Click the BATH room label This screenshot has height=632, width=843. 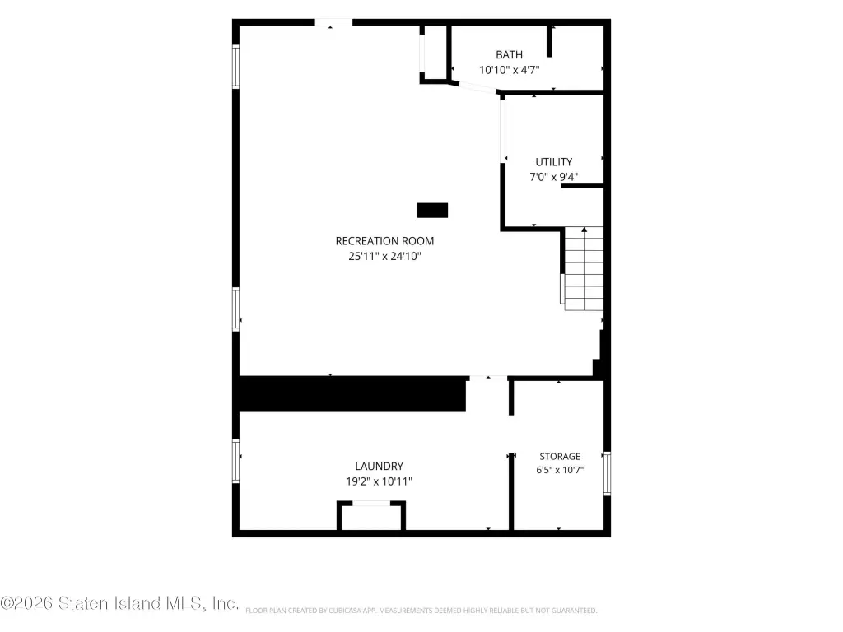click(x=509, y=55)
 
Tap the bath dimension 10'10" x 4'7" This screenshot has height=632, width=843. click(x=509, y=70)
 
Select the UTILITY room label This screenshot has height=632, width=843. click(x=554, y=162)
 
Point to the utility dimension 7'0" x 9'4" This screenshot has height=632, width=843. click(x=554, y=177)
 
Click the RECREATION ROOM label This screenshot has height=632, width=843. click(x=384, y=241)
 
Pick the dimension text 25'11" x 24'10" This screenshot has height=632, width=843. click(x=384, y=257)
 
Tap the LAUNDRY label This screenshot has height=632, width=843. click(x=379, y=466)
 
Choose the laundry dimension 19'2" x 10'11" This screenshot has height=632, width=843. click(x=379, y=481)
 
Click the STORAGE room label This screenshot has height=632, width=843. click(x=560, y=456)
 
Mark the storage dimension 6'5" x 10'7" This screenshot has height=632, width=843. click(x=560, y=470)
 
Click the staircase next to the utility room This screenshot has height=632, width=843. click(x=583, y=269)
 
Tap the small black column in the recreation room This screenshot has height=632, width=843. click(x=432, y=210)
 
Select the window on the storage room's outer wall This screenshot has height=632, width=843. click(x=607, y=473)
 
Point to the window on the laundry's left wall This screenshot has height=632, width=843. click(x=235, y=461)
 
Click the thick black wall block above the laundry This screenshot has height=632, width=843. click(x=352, y=394)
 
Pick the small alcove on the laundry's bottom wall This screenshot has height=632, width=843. click(x=371, y=516)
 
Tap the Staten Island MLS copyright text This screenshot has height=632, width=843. click(x=119, y=603)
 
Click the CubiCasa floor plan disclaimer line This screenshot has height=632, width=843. click(x=421, y=611)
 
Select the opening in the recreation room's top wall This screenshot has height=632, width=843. click(x=333, y=22)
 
